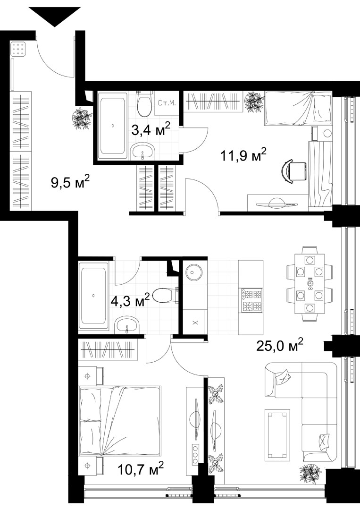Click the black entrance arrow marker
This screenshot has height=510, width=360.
54,16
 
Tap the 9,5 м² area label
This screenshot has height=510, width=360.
70,182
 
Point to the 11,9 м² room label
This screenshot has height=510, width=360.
243,155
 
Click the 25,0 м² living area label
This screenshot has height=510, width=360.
280,345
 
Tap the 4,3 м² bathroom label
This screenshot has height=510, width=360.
130,300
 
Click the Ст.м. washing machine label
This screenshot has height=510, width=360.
167,103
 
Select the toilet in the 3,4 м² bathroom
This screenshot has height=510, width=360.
144,103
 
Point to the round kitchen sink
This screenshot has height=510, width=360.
194,271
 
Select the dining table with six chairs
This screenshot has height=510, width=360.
310,284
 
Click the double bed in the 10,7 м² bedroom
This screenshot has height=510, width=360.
120,420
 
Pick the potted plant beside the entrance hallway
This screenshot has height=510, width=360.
81,119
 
